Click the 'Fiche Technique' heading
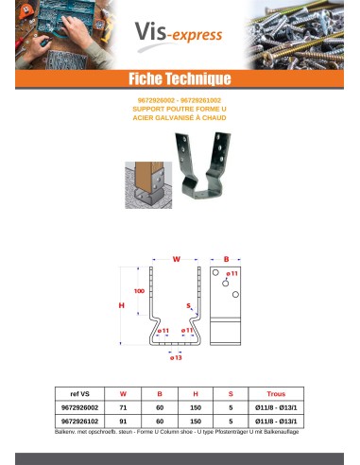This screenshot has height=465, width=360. click(x=180, y=77)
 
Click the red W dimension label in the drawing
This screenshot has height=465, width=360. click(x=176, y=257)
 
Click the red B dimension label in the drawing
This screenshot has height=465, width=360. click(x=226, y=257)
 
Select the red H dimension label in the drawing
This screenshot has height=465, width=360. click(x=122, y=305)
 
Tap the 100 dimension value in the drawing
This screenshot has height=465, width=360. click(x=139, y=291)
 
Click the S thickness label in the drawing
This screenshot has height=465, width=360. click(x=189, y=305)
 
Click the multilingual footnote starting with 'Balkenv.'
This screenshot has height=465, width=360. click(x=180, y=429)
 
